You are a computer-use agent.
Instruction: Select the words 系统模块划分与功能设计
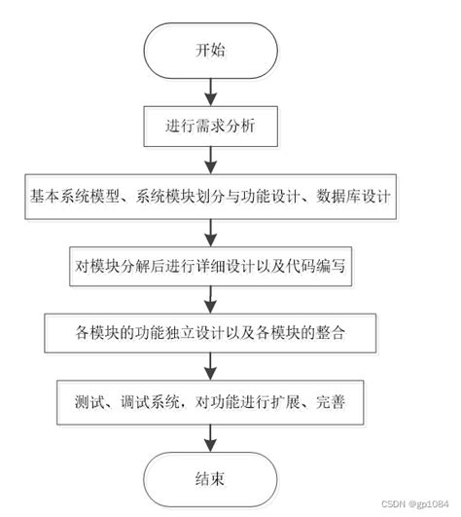[x=213, y=195]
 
